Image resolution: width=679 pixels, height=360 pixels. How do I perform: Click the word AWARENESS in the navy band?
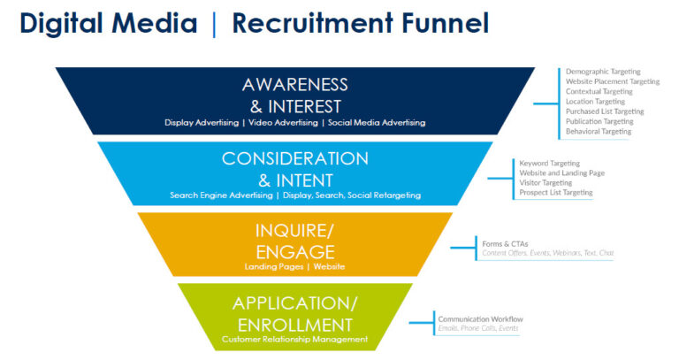pos(294,84)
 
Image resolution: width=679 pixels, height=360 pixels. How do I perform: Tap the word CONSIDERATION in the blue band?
pos(294,158)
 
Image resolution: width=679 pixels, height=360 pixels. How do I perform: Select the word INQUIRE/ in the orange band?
pos(294,232)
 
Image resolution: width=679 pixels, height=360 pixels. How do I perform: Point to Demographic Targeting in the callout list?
pos(603,72)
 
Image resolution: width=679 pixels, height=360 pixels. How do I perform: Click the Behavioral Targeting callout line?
pos(599,131)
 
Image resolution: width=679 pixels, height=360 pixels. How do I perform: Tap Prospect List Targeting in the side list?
pos(556,192)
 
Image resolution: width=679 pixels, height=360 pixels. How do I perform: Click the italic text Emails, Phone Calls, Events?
pos(477,328)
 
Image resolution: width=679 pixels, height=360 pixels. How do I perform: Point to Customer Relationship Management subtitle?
pos(294,339)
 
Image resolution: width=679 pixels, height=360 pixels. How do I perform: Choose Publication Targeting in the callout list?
pos(599,121)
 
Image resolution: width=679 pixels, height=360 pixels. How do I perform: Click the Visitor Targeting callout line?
pos(545,182)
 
